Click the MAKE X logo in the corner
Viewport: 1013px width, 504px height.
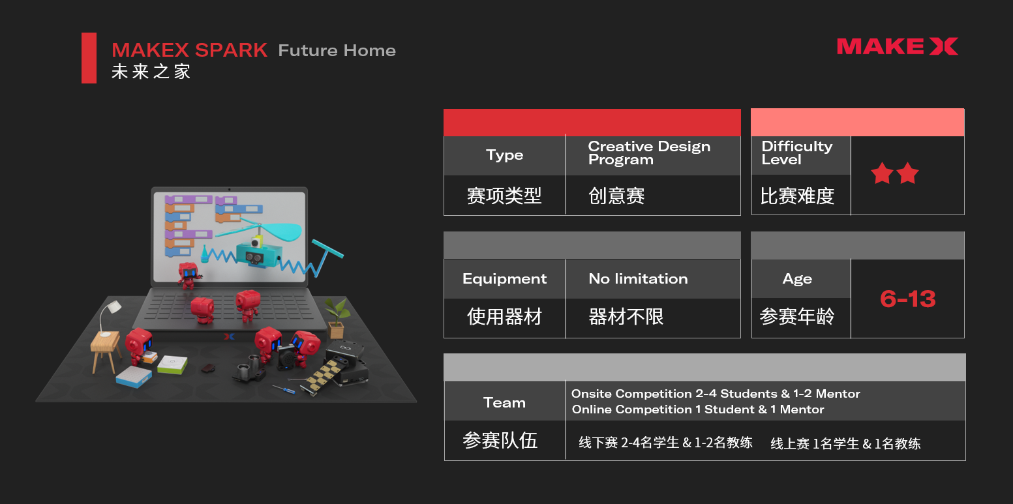point(897,46)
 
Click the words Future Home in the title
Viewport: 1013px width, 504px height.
point(337,51)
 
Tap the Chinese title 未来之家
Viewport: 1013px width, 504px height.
point(151,71)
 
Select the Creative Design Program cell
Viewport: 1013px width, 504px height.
point(649,153)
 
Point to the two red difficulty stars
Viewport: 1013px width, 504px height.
point(894,173)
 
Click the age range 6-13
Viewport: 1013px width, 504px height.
point(907,299)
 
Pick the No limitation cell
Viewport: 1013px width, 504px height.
point(638,279)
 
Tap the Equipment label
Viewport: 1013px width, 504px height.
point(504,279)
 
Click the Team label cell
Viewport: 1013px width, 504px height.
point(504,402)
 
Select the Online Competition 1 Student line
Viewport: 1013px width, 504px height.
point(698,409)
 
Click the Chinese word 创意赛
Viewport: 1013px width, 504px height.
point(616,196)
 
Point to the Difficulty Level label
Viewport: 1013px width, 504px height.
point(796,153)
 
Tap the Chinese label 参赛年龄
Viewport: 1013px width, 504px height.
point(797,317)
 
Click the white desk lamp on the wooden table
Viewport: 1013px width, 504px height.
point(109,312)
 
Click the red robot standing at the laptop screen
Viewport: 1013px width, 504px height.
point(189,274)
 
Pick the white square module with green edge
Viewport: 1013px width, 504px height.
point(172,364)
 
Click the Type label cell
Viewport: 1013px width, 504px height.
point(504,155)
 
